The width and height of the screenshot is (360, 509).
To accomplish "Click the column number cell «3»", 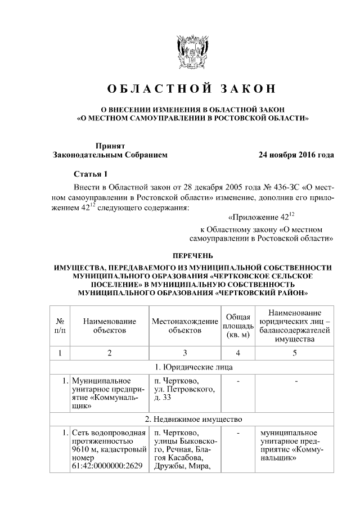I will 184,353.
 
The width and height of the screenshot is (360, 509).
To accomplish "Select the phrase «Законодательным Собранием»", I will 110,154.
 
